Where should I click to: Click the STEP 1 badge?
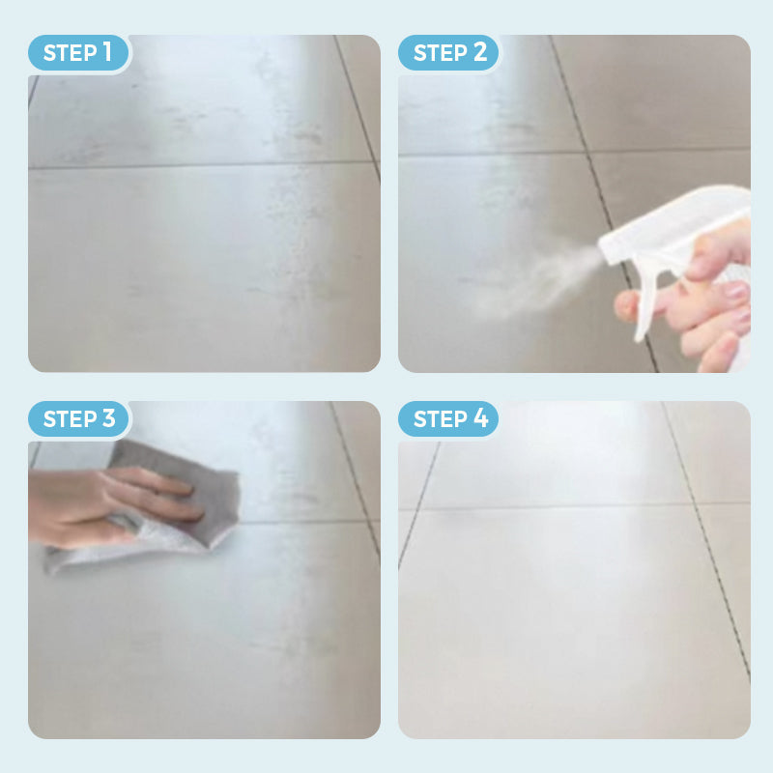tap(78, 53)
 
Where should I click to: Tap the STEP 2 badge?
tap(448, 53)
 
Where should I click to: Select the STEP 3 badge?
tap(78, 419)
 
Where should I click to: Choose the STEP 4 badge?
tap(448, 419)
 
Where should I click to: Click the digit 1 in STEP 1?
tap(107, 52)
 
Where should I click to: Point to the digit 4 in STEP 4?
tap(480, 418)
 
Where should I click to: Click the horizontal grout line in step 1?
tap(202, 165)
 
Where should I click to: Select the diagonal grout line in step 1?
tap(358, 106)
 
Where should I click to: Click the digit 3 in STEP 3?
tap(109, 418)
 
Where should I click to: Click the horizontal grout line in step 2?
tap(574, 152)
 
